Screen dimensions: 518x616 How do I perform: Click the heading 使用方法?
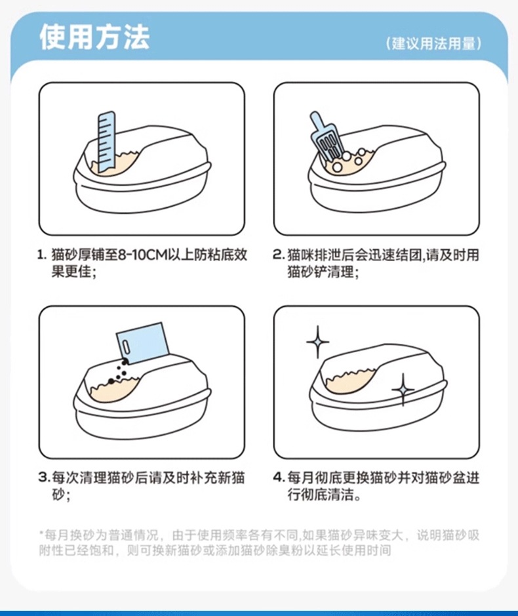pos(94,37)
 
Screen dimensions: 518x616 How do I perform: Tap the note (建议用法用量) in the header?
pos(433,43)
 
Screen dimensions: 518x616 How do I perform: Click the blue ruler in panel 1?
pos(107,142)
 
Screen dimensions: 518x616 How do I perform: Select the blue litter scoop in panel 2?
pos(325,136)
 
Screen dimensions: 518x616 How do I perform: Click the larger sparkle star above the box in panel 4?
pos(317,342)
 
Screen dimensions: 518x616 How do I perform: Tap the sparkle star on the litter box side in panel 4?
pos(403,389)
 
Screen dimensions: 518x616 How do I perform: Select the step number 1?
pos(42,255)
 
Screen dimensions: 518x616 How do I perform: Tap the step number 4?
pos(279,478)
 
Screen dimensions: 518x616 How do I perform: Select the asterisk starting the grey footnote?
pos(41,533)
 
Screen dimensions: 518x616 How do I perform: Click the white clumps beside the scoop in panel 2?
pos(348,160)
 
